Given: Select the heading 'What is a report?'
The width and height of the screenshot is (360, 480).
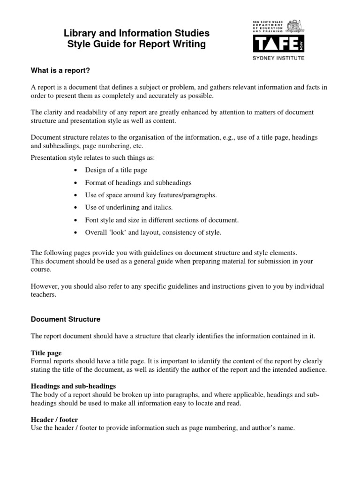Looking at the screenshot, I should [x=60, y=71].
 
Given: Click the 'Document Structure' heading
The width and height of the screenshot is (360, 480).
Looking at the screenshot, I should [x=66, y=319].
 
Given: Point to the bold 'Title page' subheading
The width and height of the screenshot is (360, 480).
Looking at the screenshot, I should [x=46, y=352].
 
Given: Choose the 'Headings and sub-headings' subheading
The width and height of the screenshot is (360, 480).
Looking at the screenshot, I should [x=73, y=386].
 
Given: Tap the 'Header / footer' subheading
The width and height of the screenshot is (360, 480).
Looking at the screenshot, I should [x=54, y=419].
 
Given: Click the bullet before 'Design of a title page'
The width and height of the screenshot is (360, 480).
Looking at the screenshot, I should [x=76, y=170].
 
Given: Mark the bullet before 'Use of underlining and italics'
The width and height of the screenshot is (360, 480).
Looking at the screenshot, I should [x=76, y=207].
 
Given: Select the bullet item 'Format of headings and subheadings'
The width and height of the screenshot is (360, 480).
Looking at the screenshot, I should [x=138, y=182].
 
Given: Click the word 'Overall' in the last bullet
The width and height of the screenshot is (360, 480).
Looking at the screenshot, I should [x=96, y=232].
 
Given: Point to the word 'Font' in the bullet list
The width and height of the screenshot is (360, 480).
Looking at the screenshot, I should [x=92, y=219].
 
